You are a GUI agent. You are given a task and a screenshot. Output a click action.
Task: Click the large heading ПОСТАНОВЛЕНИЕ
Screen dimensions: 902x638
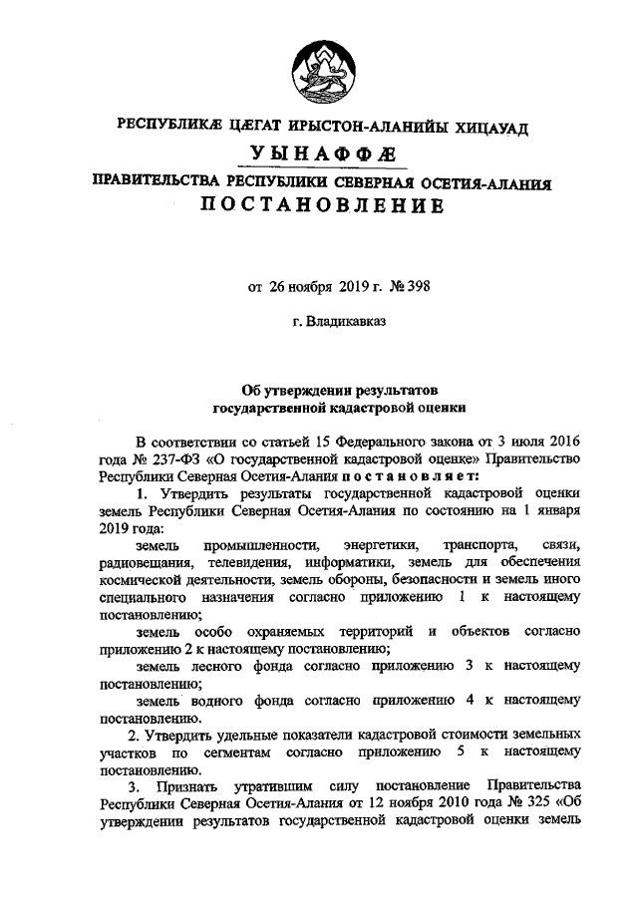pyautogui.click(x=319, y=206)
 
